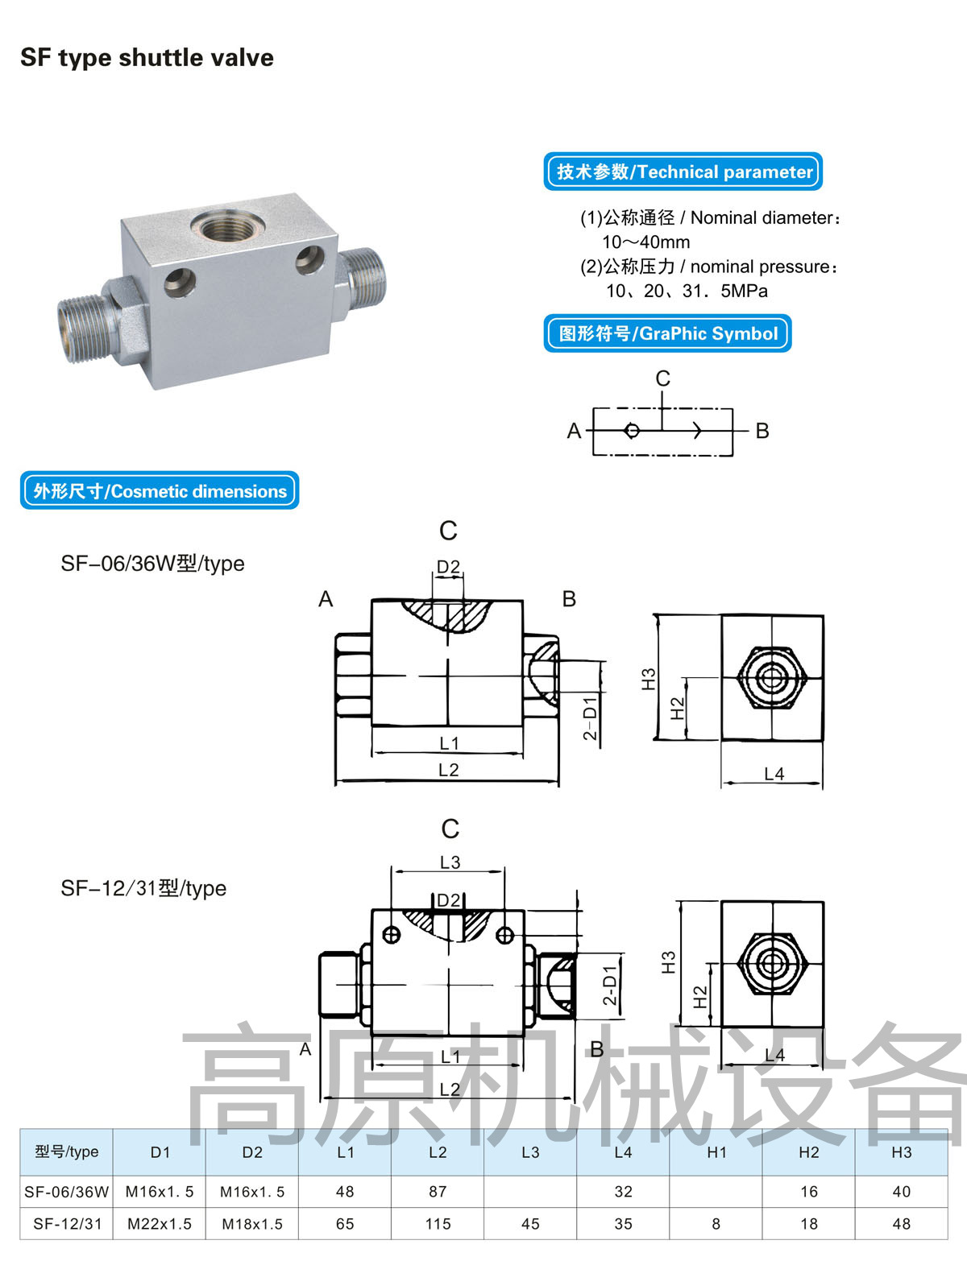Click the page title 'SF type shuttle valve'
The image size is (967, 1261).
click(147, 58)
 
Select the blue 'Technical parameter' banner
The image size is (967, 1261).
click(683, 172)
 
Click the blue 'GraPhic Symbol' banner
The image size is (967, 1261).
click(667, 333)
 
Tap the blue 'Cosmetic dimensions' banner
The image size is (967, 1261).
click(160, 491)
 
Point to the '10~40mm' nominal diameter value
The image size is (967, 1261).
click(645, 242)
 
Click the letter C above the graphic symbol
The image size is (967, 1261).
click(662, 378)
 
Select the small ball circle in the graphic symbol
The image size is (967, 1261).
click(632, 431)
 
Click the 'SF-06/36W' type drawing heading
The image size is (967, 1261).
click(152, 564)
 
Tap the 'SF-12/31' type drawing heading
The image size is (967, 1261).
click(143, 888)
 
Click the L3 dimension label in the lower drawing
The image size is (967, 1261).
click(450, 862)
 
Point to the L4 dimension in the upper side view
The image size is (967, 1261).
click(774, 774)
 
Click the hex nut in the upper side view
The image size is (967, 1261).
click(772, 678)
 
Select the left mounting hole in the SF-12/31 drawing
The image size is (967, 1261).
click(392, 935)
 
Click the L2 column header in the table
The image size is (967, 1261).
click(438, 1152)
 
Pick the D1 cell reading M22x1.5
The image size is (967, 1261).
click(160, 1224)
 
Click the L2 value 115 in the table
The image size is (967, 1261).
click(438, 1224)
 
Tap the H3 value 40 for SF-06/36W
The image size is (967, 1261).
click(901, 1192)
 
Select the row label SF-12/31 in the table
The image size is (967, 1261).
click(68, 1224)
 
